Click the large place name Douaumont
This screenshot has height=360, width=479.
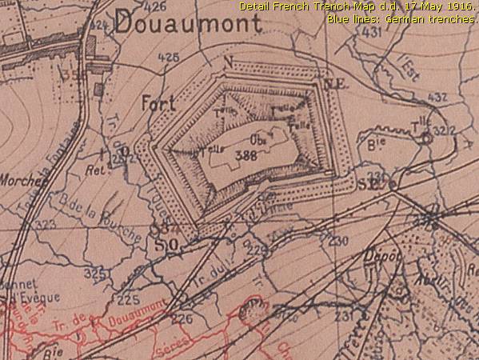[x=188, y=24]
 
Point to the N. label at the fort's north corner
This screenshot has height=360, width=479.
[x=228, y=62]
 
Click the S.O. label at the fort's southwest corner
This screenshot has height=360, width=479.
[x=165, y=242]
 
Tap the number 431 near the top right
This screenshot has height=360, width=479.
[x=371, y=33]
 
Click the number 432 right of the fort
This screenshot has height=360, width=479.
[x=437, y=98]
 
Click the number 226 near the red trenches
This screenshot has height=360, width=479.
[x=182, y=318]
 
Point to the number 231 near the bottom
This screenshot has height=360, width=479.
[x=344, y=318]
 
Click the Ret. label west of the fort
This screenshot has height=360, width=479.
[x=96, y=170]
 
